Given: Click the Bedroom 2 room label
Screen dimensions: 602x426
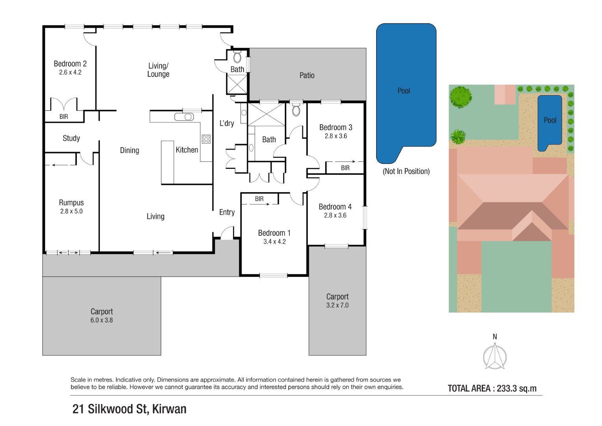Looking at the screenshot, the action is [x=70, y=64].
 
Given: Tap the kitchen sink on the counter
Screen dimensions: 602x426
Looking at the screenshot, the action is [x=184, y=117].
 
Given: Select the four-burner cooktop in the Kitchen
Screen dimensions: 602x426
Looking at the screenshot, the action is [x=206, y=139].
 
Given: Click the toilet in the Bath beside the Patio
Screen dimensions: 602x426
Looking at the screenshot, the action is [x=237, y=57].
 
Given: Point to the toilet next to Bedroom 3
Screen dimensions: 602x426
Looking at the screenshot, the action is [x=296, y=110].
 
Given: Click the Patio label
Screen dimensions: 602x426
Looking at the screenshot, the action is [x=307, y=75].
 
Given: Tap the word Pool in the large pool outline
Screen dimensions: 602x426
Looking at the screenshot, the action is [x=404, y=91].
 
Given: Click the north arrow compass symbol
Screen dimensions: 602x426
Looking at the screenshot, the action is [x=495, y=356].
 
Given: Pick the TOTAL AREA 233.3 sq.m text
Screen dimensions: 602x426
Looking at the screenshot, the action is [x=492, y=389].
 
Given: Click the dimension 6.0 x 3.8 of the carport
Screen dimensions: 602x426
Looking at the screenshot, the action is [x=102, y=320].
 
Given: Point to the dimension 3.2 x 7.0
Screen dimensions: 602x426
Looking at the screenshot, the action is [x=337, y=305].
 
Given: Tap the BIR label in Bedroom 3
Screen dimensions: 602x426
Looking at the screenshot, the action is [x=345, y=168].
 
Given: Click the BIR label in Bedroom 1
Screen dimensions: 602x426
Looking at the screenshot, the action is [x=259, y=199].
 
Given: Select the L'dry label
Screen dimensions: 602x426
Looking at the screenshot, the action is [x=227, y=123].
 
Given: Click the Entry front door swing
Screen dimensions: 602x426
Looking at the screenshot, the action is [x=227, y=233].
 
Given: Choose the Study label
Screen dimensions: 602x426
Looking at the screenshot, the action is [x=71, y=138].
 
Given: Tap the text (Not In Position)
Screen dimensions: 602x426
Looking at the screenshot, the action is [x=406, y=171].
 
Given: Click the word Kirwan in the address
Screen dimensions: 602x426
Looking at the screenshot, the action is [x=169, y=409].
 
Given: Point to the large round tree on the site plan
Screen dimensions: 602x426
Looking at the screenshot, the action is [x=460, y=97].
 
